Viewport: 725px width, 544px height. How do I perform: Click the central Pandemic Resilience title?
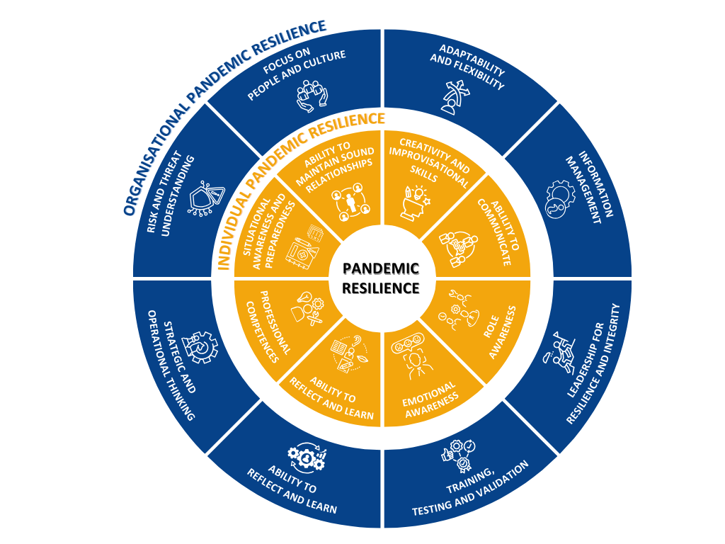point(381,278)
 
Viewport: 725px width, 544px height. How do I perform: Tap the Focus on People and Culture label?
point(297,74)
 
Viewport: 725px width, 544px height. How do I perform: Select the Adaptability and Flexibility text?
point(467,67)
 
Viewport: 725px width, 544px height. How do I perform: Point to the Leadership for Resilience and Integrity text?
point(593,363)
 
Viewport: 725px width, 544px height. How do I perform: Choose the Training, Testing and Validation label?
point(470,489)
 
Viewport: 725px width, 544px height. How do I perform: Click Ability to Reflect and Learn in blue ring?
point(292,490)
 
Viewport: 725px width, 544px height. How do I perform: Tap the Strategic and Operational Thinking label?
point(171,365)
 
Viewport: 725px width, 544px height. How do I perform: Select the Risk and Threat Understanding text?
point(171,193)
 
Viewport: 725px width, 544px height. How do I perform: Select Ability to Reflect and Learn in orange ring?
point(332,398)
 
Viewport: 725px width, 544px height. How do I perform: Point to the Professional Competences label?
point(268,326)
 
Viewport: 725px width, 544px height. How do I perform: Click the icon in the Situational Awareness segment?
point(304,246)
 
